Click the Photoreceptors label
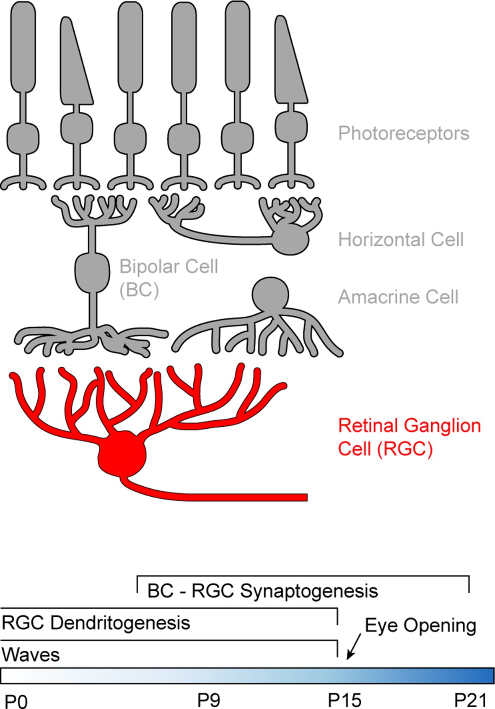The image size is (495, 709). pyautogui.click(x=403, y=133)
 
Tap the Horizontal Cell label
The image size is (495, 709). pyautogui.click(x=401, y=240)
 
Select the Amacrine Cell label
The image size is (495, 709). pyautogui.click(x=398, y=297)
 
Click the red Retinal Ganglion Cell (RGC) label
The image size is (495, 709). pyautogui.click(x=409, y=437)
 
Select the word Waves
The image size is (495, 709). pyautogui.click(x=31, y=654)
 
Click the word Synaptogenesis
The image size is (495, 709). pyautogui.click(x=309, y=591)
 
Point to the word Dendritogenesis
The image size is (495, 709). pyautogui.click(x=120, y=623)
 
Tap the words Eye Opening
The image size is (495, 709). pyautogui.click(x=420, y=625)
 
